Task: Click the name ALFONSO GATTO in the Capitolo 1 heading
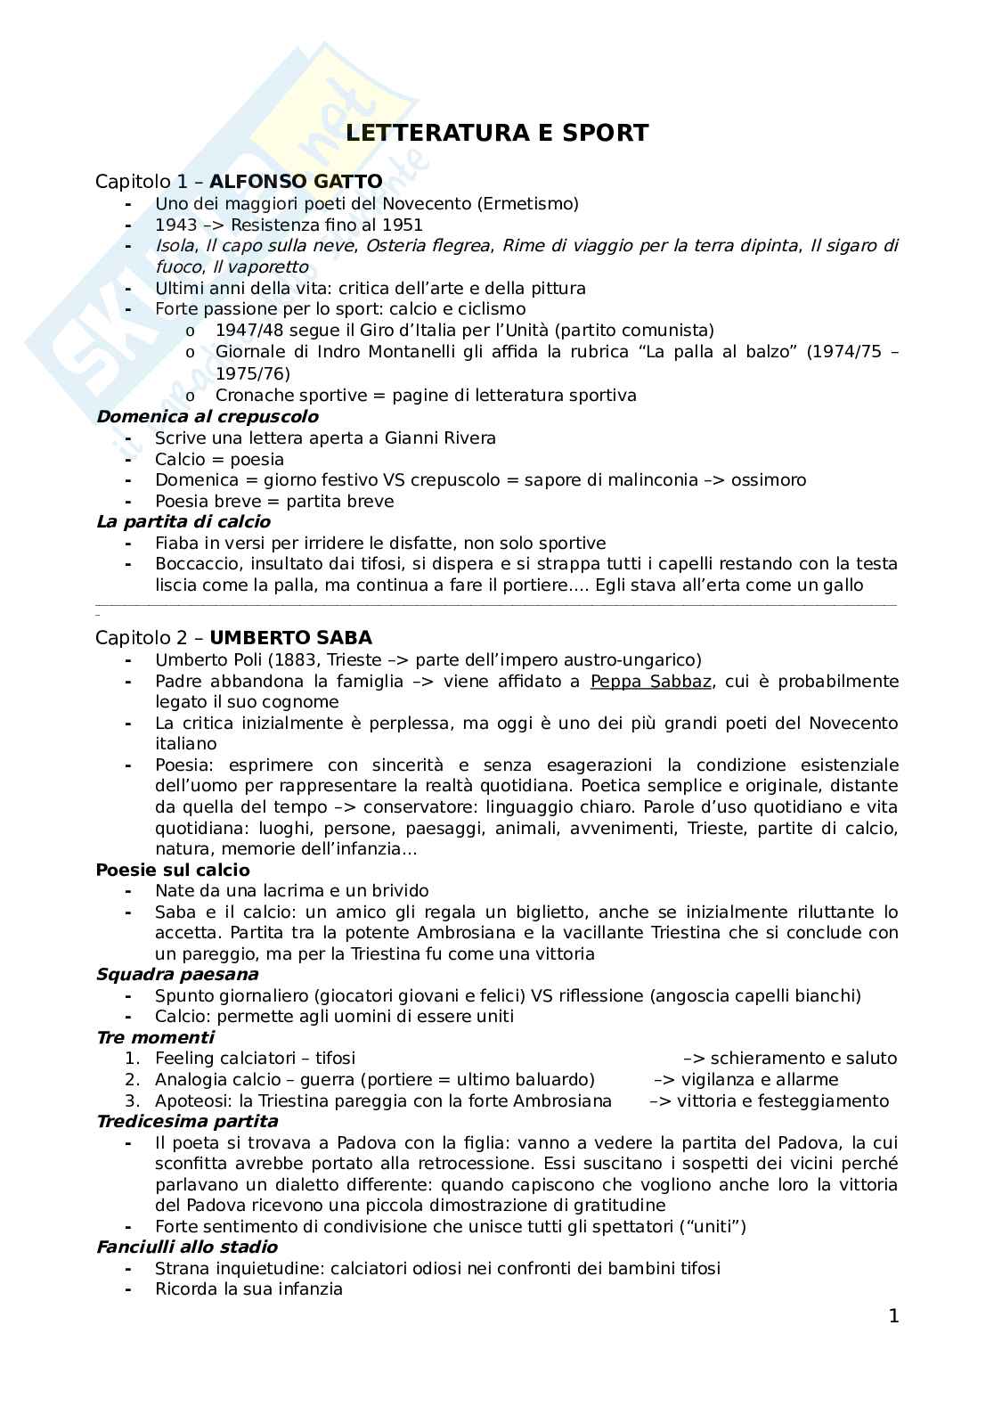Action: coord(296,182)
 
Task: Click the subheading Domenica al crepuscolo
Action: coord(207,416)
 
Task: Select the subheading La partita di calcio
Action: coord(183,521)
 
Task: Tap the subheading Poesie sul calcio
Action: coord(173,870)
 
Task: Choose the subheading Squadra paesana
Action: coord(177,974)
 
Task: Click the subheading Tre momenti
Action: coord(155,1037)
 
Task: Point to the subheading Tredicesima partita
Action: coord(187,1121)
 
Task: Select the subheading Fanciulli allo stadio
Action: coord(187,1247)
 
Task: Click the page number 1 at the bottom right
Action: coord(893,1316)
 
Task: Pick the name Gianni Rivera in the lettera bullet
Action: coord(440,438)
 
